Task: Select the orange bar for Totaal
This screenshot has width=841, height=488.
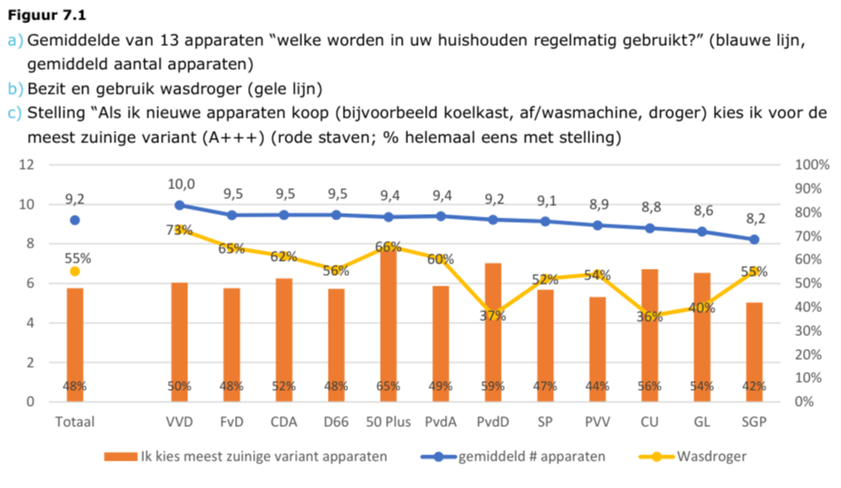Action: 75,345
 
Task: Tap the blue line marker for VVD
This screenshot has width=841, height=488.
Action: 179,205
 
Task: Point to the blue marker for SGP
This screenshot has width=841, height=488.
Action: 754,240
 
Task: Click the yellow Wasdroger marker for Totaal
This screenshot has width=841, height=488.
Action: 75,271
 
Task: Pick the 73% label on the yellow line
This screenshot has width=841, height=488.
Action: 183,230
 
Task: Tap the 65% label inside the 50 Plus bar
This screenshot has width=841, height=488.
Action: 389,386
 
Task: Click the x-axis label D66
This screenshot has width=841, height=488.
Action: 335,422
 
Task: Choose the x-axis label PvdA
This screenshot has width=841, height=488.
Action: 439,422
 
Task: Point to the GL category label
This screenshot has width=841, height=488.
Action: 702,422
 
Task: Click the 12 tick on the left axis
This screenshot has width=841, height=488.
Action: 28,165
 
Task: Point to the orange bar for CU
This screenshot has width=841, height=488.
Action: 649,335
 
